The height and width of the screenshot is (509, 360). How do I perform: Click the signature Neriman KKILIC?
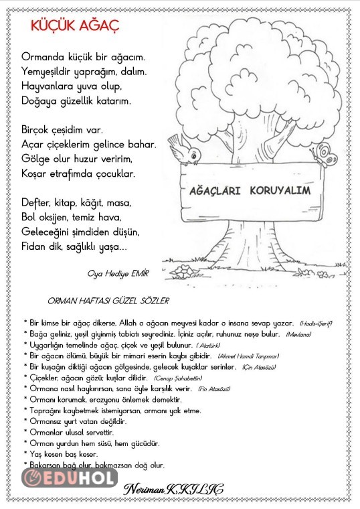(x=173, y=490)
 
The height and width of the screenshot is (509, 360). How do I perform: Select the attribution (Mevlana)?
(x=298, y=334)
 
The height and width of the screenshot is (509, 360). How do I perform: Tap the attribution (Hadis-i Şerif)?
(x=316, y=323)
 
